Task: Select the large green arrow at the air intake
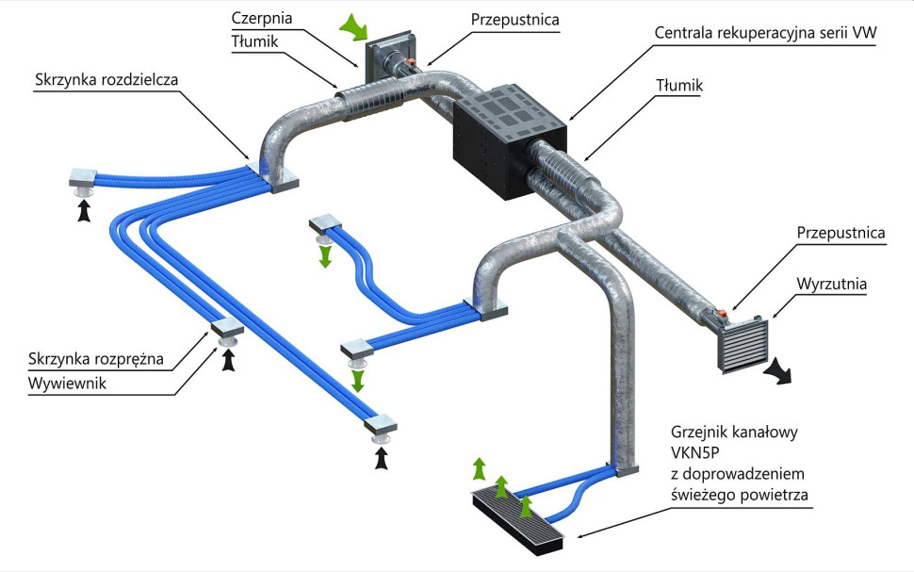click(x=352, y=27)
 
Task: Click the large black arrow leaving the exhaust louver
click(x=780, y=371)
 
